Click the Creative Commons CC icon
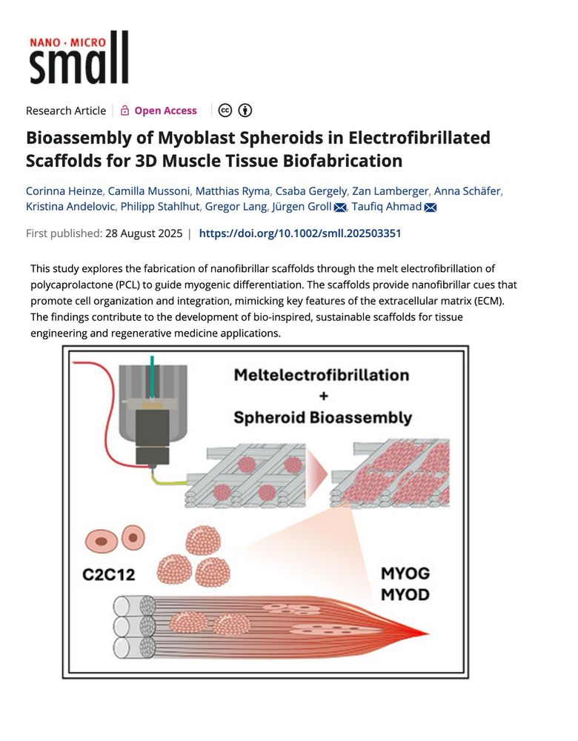tap(225, 110)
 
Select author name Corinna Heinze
tap(64, 191)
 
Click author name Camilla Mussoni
tap(149, 191)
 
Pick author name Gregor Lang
tap(236, 207)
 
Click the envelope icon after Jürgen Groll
tap(340, 207)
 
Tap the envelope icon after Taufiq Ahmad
tap(430, 207)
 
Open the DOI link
tap(299, 233)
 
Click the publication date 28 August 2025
tap(144, 233)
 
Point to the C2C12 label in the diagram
tap(109, 575)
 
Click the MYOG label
tap(405, 574)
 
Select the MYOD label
tap(405, 594)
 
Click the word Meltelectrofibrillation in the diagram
tap(322, 375)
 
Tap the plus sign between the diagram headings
tap(323, 396)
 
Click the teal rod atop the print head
tap(152, 376)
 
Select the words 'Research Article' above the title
tap(66, 110)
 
